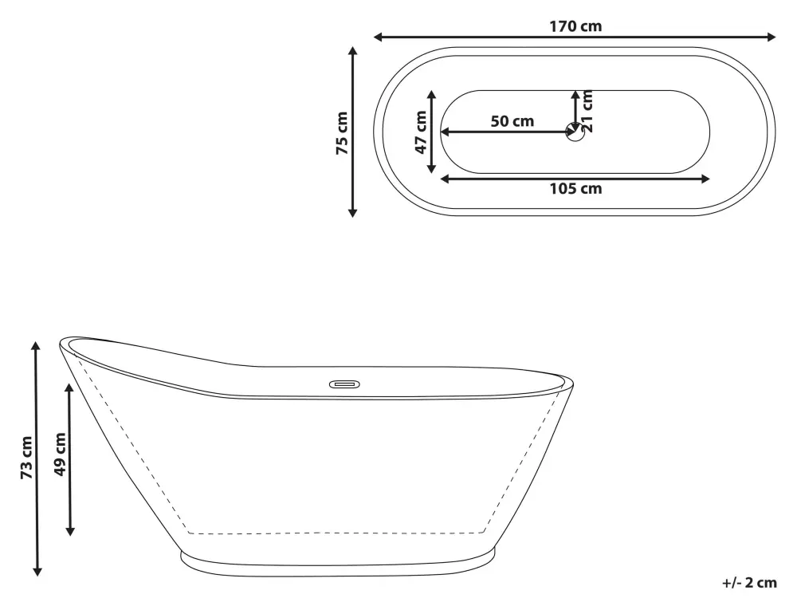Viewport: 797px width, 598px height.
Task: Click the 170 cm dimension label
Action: (x=575, y=26)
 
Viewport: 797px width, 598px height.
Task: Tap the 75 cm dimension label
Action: (x=342, y=133)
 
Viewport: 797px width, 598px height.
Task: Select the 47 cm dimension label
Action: (x=421, y=132)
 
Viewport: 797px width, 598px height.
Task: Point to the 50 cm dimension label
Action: (x=512, y=121)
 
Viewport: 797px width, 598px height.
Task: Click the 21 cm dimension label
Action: (x=587, y=111)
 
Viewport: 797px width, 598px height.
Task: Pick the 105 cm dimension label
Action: (x=575, y=189)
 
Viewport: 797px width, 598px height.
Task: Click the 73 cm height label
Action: (x=26, y=457)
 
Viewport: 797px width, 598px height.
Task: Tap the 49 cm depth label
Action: (x=60, y=454)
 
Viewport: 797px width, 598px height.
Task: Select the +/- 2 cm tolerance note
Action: (x=749, y=583)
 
